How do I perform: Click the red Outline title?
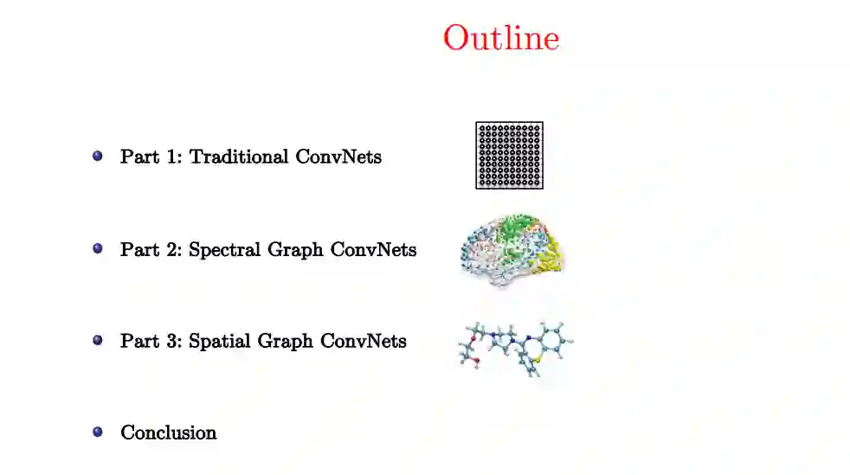501,38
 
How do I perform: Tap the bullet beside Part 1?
98,157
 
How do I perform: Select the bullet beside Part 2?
98,248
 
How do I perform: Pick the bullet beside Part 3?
98,340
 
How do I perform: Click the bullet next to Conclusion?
98,431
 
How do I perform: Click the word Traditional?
239,157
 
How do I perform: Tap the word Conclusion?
169,432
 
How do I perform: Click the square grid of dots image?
509,156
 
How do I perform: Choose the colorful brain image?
511,249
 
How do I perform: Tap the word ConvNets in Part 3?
364,341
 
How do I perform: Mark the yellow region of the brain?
551,253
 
